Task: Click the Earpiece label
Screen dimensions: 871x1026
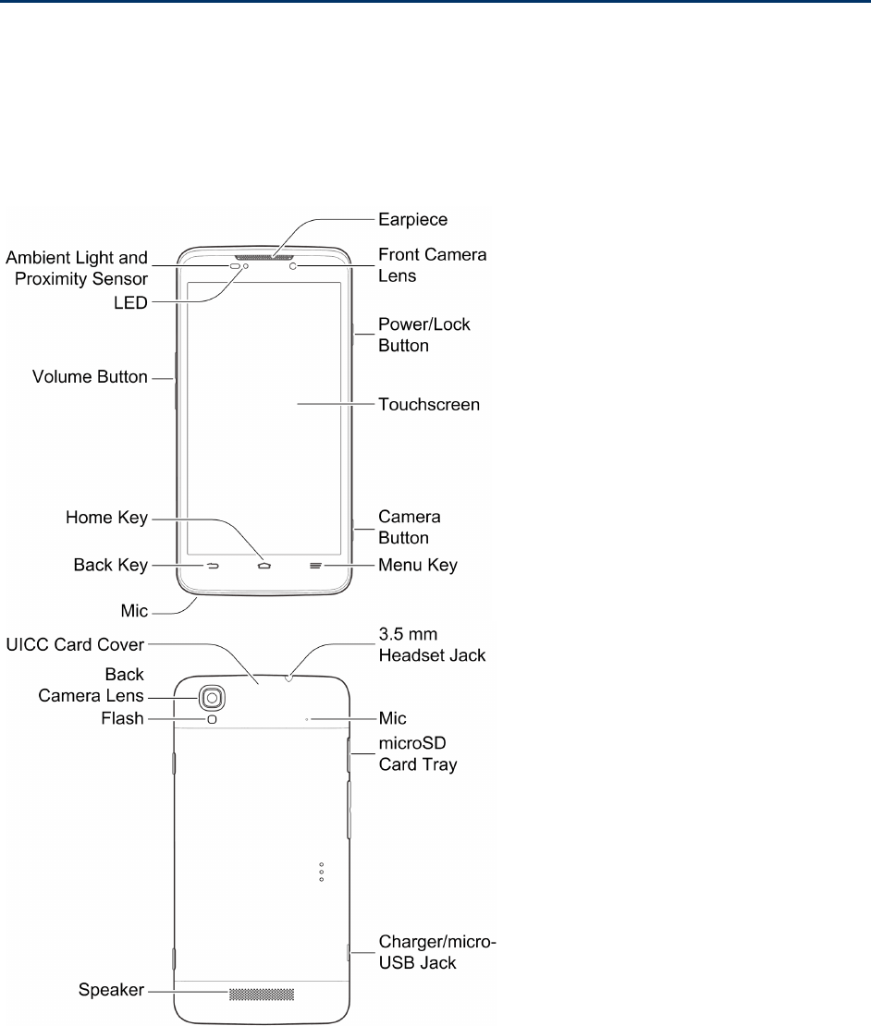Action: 412,220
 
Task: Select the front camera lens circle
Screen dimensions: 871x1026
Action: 293,266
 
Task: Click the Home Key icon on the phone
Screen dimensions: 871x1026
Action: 265,564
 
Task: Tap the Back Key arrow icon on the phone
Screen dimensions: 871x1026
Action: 212,564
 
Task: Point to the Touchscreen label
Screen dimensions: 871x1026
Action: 429,405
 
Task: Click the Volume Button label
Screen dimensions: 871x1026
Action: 90,377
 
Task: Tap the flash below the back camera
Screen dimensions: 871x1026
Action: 213,718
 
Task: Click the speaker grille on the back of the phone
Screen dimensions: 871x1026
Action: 261,995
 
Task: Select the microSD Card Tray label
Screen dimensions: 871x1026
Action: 417,754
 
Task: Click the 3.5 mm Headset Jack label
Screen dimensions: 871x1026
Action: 431,645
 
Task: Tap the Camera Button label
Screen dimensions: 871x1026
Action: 409,526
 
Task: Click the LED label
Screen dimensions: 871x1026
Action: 129,302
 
